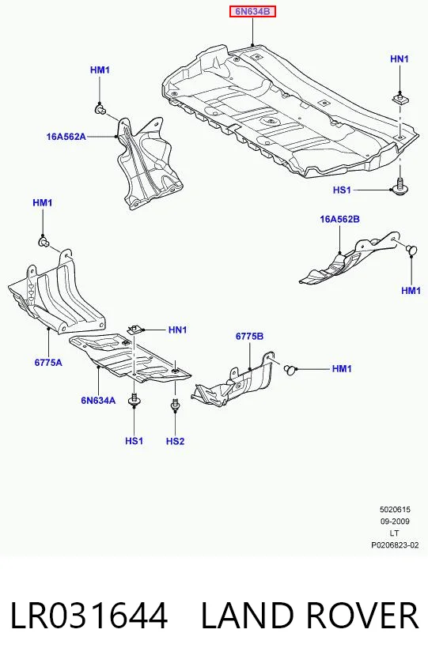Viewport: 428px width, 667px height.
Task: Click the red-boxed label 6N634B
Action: coord(252,12)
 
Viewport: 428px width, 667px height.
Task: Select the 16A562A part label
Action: coord(66,137)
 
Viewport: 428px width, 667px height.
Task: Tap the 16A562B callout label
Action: coord(340,220)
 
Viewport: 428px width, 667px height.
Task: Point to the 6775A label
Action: coord(48,363)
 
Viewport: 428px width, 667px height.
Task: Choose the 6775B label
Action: coord(249,337)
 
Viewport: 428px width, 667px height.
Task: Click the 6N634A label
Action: coord(98,401)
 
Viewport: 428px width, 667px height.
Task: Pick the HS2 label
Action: coord(175,441)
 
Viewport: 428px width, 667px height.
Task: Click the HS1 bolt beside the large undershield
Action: coord(399,187)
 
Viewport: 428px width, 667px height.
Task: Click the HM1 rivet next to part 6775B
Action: coord(290,369)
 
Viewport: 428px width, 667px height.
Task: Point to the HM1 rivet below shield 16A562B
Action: coord(411,249)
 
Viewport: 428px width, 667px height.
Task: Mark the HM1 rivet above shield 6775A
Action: coord(43,243)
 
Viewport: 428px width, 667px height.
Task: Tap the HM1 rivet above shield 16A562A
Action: coord(100,110)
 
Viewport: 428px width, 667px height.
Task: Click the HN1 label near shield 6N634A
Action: coord(177,330)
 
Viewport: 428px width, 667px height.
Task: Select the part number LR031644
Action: coord(89,615)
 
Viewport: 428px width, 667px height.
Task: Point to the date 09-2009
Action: coord(395,521)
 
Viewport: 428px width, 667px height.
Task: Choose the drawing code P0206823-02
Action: coord(395,545)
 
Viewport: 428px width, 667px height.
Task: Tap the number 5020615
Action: coord(395,509)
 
